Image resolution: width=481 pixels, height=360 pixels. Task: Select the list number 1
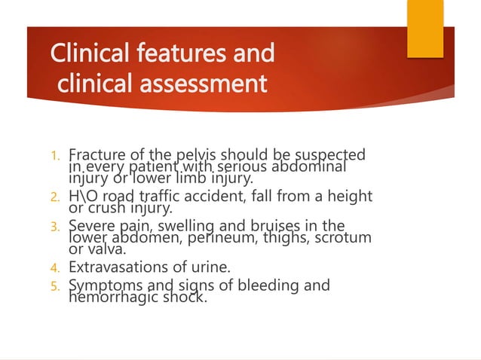click(54, 157)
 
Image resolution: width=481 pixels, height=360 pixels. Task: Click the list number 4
click(54, 267)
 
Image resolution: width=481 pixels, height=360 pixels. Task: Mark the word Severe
click(89, 226)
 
